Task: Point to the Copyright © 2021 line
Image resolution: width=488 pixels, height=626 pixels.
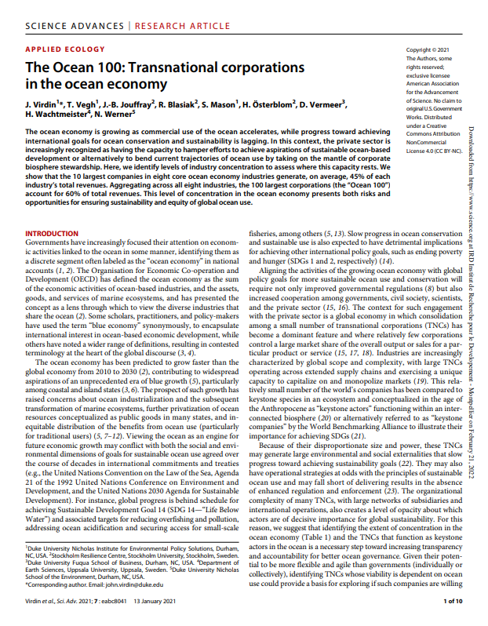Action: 426,50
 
